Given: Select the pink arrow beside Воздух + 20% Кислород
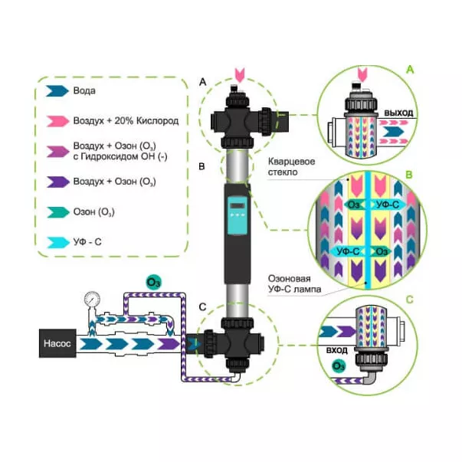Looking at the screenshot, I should (x=57, y=120).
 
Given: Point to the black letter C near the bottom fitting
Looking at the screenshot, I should (x=202, y=307).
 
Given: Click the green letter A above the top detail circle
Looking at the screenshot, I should (x=410, y=70).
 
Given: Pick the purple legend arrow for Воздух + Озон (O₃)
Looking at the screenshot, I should (x=57, y=182).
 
